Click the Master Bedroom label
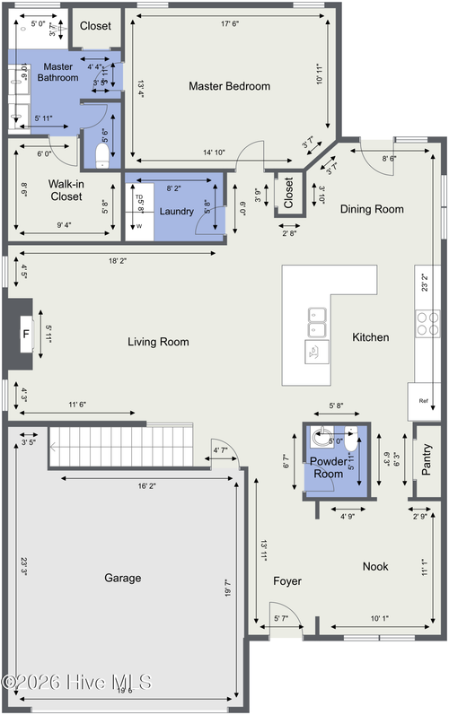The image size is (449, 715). pyautogui.click(x=229, y=86)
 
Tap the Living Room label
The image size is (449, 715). pyautogui.click(x=158, y=341)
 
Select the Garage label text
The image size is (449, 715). pyautogui.click(x=122, y=579)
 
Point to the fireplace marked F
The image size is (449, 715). pyautogui.click(x=25, y=337)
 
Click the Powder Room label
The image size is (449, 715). pyautogui.click(x=328, y=466)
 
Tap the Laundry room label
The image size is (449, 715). pyautogui.click(x=176, y=211)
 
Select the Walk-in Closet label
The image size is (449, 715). pyautogui.click(x=66, y=190)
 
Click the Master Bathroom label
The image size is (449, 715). pyautogui.click(x=57, y=72)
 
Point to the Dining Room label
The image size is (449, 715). pyautogui.click(x=371, y=209)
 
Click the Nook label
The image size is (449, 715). pyautogui.click(x=375, y=566)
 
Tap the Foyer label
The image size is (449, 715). pyautogui.click(x=287, y=581)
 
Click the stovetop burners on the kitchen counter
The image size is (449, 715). pyautogui.click(x=427, y=321)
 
